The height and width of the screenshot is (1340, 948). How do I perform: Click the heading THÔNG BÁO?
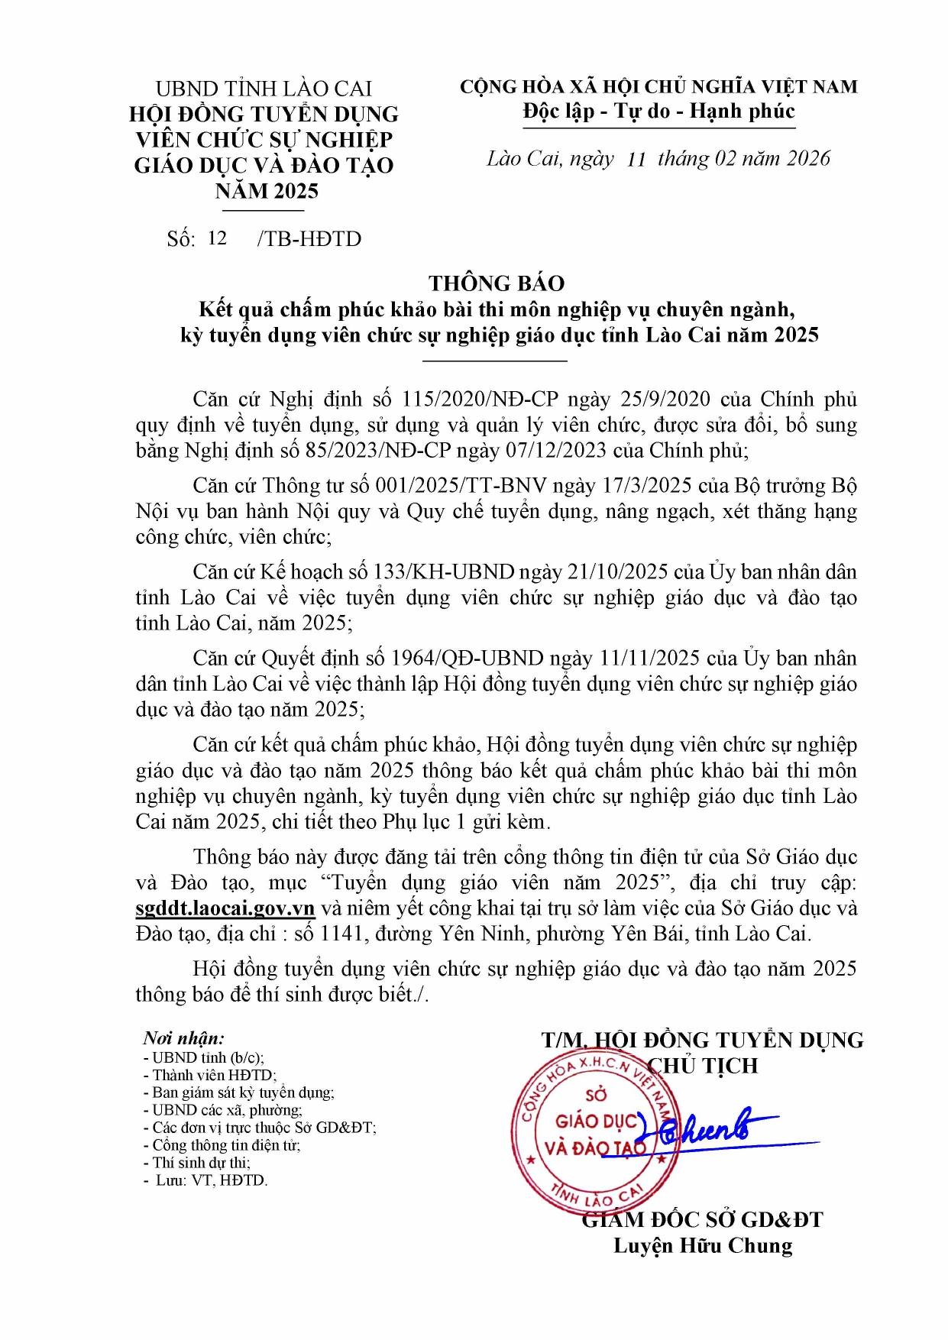pyautogui.click(x=497, y=283)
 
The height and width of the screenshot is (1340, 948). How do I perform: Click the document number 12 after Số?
pyautogui.click(x=217, y=238)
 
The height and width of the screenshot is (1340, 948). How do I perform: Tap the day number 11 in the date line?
pyautogui.click(x=636, y=160)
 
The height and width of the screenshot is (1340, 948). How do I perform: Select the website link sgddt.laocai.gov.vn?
pyautogui.click(x=225, y=908)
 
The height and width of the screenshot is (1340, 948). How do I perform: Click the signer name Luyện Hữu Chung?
pyautogui.click(x=703, y=1246)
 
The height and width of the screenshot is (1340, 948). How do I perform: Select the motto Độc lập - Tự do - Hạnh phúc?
pyautogui.click(x=658, y=112)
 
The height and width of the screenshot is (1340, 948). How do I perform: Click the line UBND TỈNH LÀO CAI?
pyautogui.click(x=264, y=89)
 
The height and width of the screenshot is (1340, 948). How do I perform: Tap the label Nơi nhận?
pyautogui.click(x=184, y=1038)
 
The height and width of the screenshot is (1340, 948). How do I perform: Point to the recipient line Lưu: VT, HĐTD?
pyautogui.click(x=212, y=1180)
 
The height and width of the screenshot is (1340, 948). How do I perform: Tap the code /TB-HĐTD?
pyautogui.click(x=309, y=239)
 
